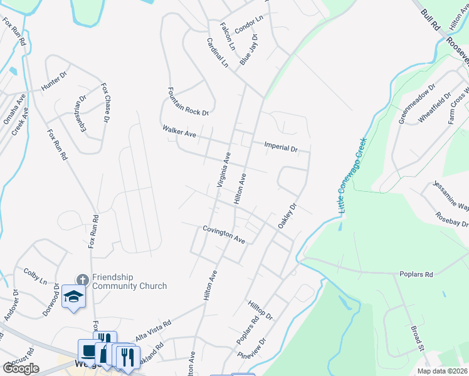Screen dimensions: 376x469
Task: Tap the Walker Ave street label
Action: point(179,133)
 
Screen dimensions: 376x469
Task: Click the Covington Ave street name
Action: point(223,234)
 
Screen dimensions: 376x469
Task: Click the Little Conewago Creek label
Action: point(352,175)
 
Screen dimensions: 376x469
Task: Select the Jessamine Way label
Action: point(451,196)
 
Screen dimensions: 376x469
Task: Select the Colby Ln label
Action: point(35,276)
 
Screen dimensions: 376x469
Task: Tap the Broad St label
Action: point(419,337)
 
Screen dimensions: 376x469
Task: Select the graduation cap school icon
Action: point(74,297)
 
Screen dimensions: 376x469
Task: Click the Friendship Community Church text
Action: point(129,281)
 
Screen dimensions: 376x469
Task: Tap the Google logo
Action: point(21,368)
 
